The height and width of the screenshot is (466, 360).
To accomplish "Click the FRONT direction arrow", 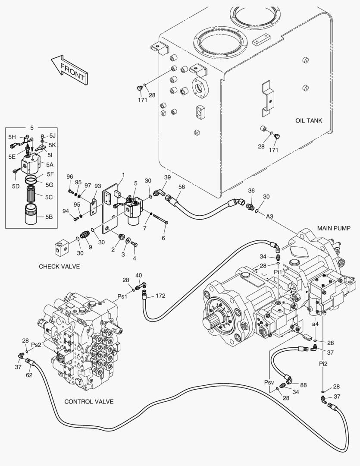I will click(x=69, y=69).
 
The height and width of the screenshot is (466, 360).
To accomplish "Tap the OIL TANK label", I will click(x=309, y=120).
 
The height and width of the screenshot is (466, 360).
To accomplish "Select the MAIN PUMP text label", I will click(x=334, y=228).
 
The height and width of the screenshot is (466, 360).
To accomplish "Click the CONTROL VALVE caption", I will click(x=89, y=401).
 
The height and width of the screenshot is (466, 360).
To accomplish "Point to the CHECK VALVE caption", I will click(x=59, y=266).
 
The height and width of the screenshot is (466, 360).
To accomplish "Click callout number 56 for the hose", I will click(x=182, y=186).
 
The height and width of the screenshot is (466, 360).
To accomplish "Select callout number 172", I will click(x=160, y=296).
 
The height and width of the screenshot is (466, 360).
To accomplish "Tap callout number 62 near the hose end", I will click(x=28, y=375).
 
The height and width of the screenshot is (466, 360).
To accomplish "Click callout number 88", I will click(x=303, y=385).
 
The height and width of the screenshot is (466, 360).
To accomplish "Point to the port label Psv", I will click(x=269, y=382).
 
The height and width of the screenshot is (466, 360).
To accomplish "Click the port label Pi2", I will click(x=323, y=363).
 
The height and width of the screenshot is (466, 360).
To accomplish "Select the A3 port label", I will click(x=269, y=216).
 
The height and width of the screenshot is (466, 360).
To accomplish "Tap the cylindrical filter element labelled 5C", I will click(x=33, y=196).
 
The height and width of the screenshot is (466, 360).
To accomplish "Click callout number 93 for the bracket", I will click(x=98, y=186).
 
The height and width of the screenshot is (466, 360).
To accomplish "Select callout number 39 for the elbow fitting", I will click(x=168, y=177).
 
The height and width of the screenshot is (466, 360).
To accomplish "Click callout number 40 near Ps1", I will click(x=138, y=275).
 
